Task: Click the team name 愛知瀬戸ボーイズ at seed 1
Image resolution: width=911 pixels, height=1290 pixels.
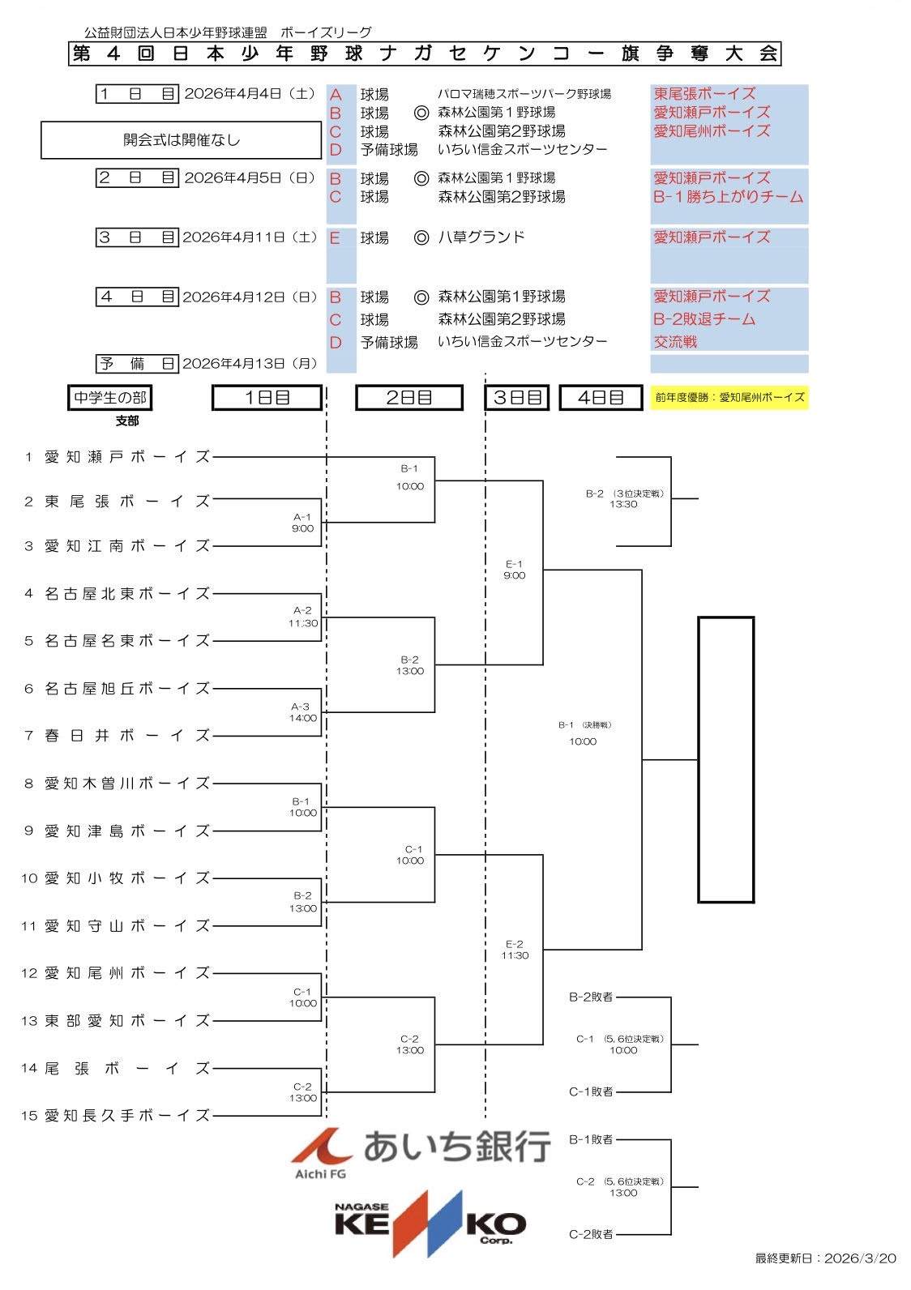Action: click(127, 457)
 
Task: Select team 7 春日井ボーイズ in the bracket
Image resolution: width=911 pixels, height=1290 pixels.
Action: click(127, 736)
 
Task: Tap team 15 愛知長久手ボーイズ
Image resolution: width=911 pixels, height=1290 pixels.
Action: click(127, 1116)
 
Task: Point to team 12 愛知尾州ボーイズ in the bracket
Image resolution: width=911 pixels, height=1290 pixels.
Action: click(127, 973)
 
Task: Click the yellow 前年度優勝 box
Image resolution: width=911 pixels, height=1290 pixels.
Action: click(729, 397)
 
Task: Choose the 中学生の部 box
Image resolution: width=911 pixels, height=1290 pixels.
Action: click(110, 398)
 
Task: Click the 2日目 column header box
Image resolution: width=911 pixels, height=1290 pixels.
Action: click(409, 398)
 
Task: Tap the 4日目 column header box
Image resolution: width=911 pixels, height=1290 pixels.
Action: click(601, 398)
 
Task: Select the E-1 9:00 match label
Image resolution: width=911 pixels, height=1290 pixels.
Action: click(514, 570)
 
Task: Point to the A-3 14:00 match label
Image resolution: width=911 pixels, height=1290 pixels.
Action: click(303, 712)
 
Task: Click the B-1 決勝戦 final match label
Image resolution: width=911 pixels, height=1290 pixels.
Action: click(584, 733)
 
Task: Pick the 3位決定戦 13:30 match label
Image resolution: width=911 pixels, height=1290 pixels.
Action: click(623, 498)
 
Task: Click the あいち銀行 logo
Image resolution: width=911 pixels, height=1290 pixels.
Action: click(421, 1150)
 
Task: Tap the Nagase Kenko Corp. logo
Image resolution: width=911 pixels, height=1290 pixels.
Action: click(430, 1224)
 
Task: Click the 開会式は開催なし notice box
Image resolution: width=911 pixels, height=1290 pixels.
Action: click(182, 140)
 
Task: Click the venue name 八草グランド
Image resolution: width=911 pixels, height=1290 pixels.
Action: click(481, 237)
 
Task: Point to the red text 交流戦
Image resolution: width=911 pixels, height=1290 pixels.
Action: click(675, 342)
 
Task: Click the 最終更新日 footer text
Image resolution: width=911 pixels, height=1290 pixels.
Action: click(825, 1258)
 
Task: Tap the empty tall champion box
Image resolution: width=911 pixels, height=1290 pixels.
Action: click(726, 759)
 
